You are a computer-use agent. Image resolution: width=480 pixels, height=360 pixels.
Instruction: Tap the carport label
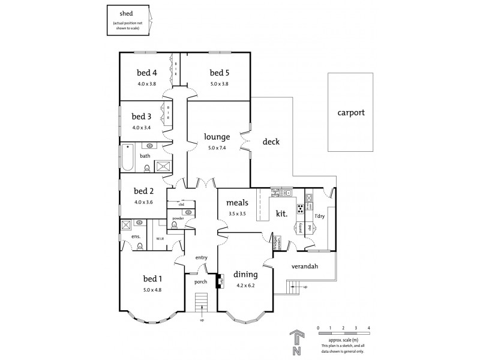pos(350,112)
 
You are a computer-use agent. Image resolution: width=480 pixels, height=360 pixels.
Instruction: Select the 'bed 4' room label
pos(146,74)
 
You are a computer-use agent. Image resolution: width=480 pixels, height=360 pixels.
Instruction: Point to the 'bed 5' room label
pos(219,74)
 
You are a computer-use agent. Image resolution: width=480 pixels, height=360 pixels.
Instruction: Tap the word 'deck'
pos(271,142)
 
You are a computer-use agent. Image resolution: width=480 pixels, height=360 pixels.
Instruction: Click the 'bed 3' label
pos(141,116)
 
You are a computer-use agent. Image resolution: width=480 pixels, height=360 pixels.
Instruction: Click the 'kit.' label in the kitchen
pos(281,212)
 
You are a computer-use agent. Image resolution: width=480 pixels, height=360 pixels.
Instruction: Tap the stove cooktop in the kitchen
pos(299,209)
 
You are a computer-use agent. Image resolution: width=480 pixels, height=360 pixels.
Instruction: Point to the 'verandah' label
pos(305,266)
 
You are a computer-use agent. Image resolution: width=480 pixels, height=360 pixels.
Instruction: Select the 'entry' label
pos(201,257)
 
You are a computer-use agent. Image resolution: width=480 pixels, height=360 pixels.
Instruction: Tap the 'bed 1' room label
pos(152,278)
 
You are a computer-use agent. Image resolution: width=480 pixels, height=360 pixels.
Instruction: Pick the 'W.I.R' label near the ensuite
pos(160,239)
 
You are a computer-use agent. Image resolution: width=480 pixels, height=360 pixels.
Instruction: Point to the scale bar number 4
pos(368,328)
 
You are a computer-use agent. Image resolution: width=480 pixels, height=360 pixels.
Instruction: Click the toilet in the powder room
pos(175,225)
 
